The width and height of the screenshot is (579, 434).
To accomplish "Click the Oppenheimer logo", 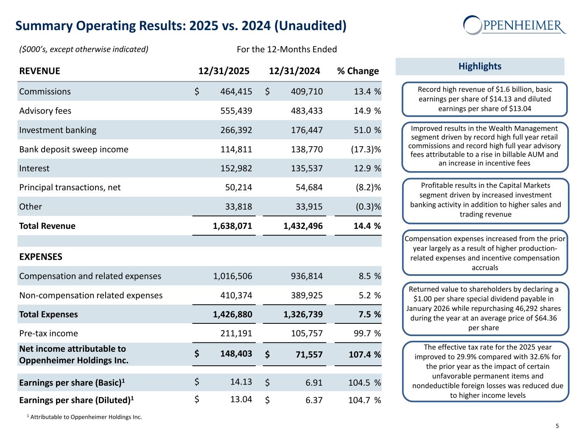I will click(515, 25).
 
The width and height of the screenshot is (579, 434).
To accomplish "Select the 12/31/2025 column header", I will click(224, 71).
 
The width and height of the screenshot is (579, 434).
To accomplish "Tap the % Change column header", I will click(358, 71).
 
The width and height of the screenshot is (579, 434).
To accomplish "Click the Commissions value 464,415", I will click(236, 92).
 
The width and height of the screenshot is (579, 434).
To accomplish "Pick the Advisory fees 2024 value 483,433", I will click(307, 111).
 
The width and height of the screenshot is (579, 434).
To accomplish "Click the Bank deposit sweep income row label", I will click(74, 149).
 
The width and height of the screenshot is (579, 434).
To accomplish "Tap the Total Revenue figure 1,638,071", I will click(232, 226).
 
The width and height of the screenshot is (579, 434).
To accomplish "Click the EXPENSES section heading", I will click(41, 257).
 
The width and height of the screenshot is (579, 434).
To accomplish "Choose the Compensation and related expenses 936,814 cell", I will click(307, 276).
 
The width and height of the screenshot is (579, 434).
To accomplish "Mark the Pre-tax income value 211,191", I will click(236, 334).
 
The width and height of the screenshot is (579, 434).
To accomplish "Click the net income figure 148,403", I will click(236, 353).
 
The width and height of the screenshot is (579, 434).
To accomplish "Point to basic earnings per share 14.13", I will click(241, 382).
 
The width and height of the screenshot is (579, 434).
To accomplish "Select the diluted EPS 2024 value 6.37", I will click(314, 400).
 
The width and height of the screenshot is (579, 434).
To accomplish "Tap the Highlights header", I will click(480, 66).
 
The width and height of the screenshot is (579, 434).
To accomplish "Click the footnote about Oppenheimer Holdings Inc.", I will click(84, 417).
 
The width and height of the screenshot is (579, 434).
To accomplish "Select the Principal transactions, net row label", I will click(70, 187).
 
